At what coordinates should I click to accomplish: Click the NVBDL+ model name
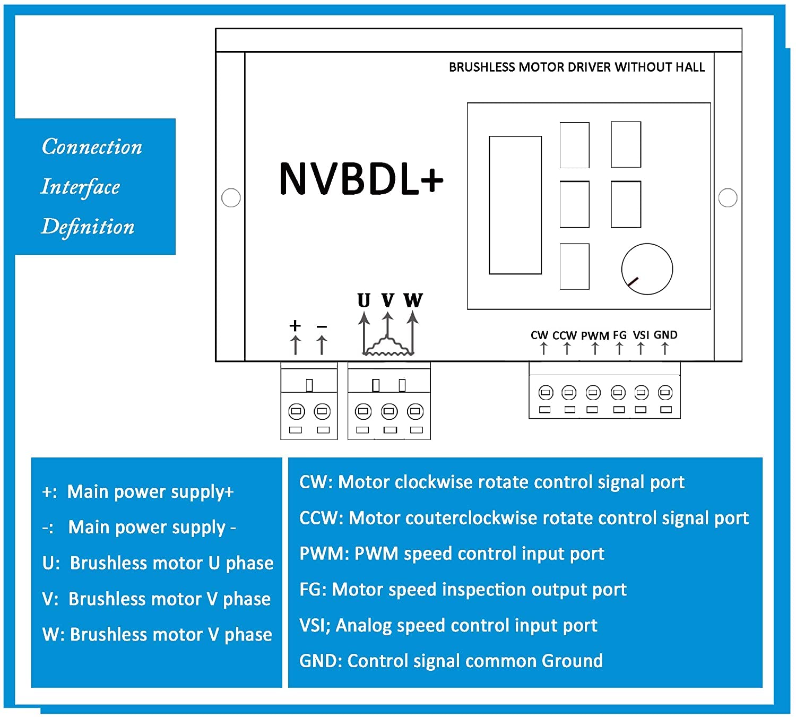(361, 179)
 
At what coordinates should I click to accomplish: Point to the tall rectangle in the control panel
(515, 205)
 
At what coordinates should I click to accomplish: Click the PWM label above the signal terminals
(595, 336)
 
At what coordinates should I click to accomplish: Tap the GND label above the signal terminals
(665, 335)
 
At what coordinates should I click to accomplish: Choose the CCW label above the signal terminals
(565, 335)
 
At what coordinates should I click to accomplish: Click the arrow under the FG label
(619, 349)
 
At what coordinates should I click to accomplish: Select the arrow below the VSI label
(641, 349)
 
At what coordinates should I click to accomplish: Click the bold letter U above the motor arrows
(364, 300)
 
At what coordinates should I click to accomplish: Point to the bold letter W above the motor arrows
(413, 300)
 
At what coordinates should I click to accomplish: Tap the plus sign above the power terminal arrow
(295, 325)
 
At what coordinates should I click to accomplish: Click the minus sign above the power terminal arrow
(322, 327)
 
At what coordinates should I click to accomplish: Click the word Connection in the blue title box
(92, 147)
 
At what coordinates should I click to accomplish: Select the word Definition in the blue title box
(88, 227)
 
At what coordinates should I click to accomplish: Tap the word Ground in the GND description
(572, 661)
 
